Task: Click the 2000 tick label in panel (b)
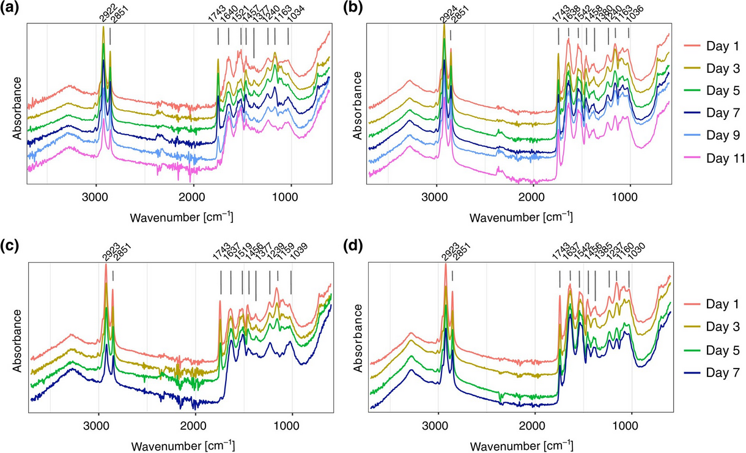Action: point(531,198)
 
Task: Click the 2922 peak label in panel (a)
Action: point(105,18)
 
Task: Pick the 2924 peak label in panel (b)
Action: point(445,18)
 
